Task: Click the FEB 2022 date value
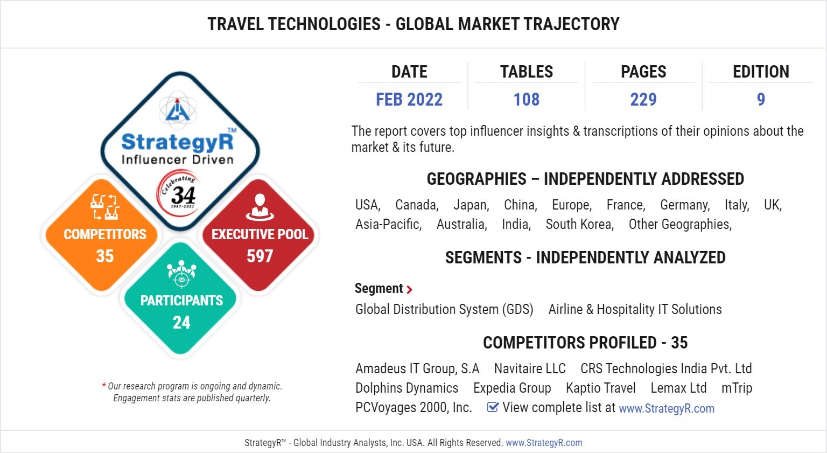[409, 100]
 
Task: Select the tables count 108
[527, 100]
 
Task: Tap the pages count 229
[643, 100]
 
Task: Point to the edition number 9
[761, 100]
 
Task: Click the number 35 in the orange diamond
[105, 256]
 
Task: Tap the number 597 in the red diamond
[260, 256]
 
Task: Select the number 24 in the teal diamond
[181, 322]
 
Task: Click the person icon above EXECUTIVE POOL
[260, 207]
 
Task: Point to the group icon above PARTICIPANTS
[181, 273]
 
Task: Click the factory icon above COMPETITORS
[104, 207]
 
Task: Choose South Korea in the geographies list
[579, 225]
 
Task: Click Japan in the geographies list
[471, 205]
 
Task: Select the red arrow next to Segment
[410, 290]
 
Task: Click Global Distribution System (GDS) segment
[444, 310]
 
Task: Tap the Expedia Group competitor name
[512, 388]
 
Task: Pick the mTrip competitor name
[737, 388]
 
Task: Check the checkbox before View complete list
[492, 407]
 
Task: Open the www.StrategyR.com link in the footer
[544, 443]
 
